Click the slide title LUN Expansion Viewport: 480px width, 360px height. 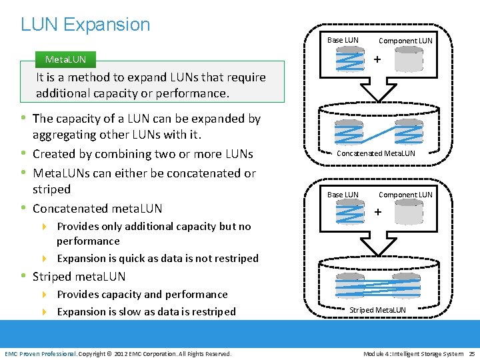pyautogui.click(x=85, y=25)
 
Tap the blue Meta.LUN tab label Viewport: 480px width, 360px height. pyautogui.click(x=65, y=59)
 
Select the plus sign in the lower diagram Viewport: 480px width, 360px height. pyautogui.click(x=377, y=213)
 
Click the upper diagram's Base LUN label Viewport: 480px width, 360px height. pyautogui.click(x=343, y=40)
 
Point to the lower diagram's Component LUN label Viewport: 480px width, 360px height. pyautogui.click(x=405, y=195)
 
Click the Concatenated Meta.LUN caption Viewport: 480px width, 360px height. pyautogui.click(x=376, y=153)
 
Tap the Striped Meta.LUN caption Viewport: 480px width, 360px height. pyautogui.click(x=377, y=310)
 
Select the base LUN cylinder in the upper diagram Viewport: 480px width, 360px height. pyautogui.click(x=349, y=60)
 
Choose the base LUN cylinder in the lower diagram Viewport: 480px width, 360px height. pyautogui.click(x=349, y=213)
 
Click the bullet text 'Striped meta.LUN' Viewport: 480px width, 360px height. pyautogui.click(x=79, y=277)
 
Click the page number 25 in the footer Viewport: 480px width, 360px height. pyautogui.click(x=471, y=353)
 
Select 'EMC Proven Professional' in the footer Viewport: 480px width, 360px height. pyautogui.click(x=40, y=353)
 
